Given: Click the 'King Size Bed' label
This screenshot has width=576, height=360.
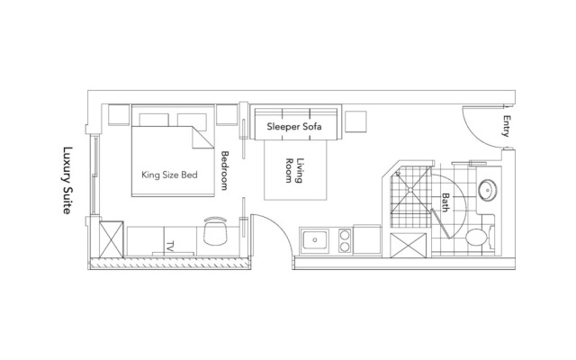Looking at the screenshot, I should point(169,175).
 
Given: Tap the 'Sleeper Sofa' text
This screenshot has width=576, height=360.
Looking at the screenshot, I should point(293,127).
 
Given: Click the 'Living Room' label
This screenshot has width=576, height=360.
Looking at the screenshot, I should point(295,170).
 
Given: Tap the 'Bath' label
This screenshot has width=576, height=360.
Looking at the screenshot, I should point(444,202).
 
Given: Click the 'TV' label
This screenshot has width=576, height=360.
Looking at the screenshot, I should point(169,246).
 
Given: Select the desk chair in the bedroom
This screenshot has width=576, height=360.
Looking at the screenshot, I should point(215,231).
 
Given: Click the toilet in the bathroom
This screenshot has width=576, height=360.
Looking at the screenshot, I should point(478,237).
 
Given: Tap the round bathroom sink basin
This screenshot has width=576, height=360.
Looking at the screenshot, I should point(489,191).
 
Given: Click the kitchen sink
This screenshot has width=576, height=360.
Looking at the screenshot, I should point(316,240).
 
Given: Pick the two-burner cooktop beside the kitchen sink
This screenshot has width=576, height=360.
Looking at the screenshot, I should point(343,240).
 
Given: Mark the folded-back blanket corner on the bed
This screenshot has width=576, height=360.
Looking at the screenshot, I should point(202,138).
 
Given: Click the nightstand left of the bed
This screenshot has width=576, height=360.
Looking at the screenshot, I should point(118,115).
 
